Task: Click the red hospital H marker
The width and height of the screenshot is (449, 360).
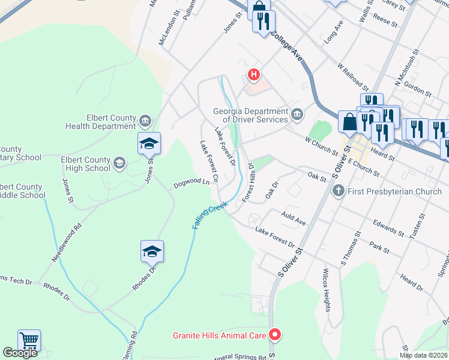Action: tap(254, 75)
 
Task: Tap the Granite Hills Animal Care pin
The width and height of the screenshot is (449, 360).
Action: tap(275, 335)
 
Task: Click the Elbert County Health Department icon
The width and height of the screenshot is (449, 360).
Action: tap(145, 122)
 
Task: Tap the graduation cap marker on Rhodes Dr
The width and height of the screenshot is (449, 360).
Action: tap(151, 251)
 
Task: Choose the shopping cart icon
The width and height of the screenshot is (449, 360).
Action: tap(29, 341)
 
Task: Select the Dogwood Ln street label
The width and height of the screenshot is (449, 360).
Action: tap(191, 182)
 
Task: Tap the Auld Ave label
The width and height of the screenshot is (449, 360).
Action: tap(294, 219)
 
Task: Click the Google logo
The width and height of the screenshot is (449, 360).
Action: tap(20, 353)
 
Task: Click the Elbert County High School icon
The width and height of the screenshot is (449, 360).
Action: tap(119, 163)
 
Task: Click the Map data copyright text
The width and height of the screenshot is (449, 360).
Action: tap(422, 355)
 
